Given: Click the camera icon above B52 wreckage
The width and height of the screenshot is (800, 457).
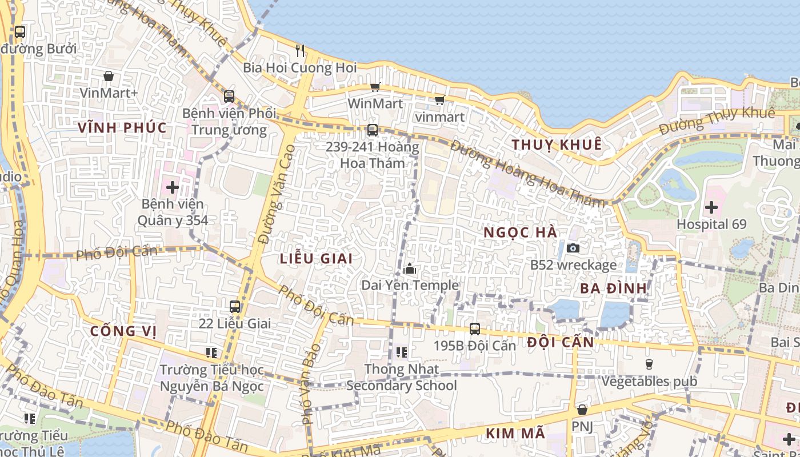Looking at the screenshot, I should point(573,248).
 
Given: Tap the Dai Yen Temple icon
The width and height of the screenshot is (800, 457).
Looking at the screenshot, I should point(409,268).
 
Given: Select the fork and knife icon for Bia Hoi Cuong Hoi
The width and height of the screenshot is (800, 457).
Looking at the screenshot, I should point(300,50).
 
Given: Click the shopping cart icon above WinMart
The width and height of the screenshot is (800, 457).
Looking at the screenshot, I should point(375,87).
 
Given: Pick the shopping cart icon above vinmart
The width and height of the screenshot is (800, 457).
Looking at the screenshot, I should point(439,101).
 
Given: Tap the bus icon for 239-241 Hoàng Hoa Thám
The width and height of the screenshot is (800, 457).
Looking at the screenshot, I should point(373,130).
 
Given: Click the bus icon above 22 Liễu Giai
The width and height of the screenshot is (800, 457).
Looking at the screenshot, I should point(234,307).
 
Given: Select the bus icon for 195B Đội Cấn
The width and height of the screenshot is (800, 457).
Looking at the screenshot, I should point(474,329).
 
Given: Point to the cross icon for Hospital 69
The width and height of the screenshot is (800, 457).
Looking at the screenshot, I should point(711,207).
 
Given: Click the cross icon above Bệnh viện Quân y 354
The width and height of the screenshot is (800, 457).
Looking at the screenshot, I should point(173,186).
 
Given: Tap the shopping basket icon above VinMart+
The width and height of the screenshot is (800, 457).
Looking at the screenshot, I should point(109,75).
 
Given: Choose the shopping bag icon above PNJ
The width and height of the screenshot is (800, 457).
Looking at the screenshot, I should point(582,410).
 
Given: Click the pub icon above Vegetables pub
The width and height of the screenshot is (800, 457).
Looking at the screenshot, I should point(649,364).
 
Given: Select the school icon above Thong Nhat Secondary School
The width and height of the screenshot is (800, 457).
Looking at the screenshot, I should point(401,352).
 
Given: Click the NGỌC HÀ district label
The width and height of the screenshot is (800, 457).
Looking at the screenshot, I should point(520,232).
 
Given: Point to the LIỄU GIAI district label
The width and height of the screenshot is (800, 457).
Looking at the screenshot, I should point(316,258).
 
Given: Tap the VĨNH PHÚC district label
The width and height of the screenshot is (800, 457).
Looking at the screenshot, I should point(122,127).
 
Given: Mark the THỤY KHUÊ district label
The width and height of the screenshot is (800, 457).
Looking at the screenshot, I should point(557,145).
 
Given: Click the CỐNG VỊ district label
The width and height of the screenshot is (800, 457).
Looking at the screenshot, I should point(123,331).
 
